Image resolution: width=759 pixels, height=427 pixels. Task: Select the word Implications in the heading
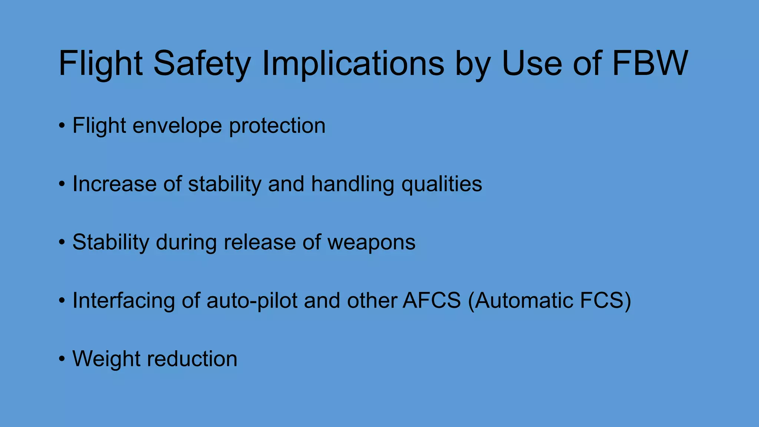point(353,64)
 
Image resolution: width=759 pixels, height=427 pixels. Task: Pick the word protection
point(277,126)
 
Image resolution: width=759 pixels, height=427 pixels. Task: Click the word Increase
point(114,184)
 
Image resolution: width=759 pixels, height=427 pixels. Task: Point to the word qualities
point(442,184)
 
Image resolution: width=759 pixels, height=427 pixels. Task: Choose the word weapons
point(371,243)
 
